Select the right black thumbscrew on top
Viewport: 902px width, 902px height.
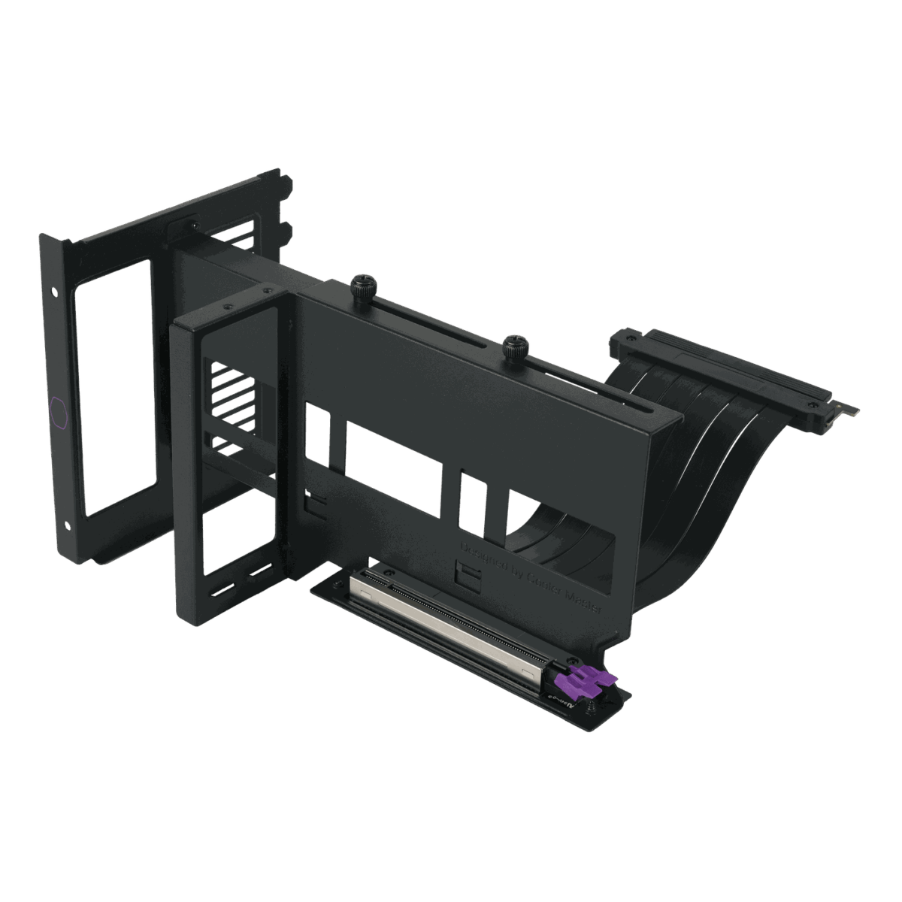click(516, 343)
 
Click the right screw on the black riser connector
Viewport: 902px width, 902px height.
click(813, 405)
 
